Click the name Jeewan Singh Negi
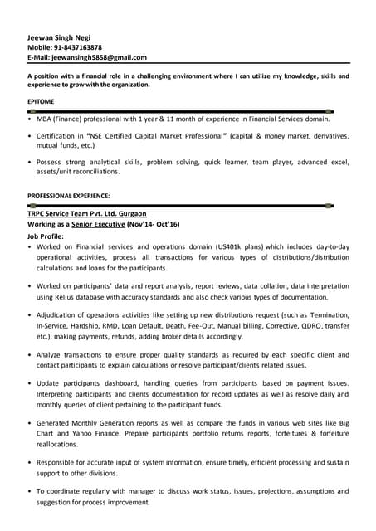[60, 37]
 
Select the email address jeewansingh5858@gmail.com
[99, 57]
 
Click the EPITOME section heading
[42, 101]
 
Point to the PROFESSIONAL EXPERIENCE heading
[69, 195]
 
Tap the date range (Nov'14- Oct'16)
[153, 224]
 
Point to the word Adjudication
[62, 315]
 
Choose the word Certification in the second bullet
[58, 134]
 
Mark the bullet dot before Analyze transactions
[30, 353]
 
